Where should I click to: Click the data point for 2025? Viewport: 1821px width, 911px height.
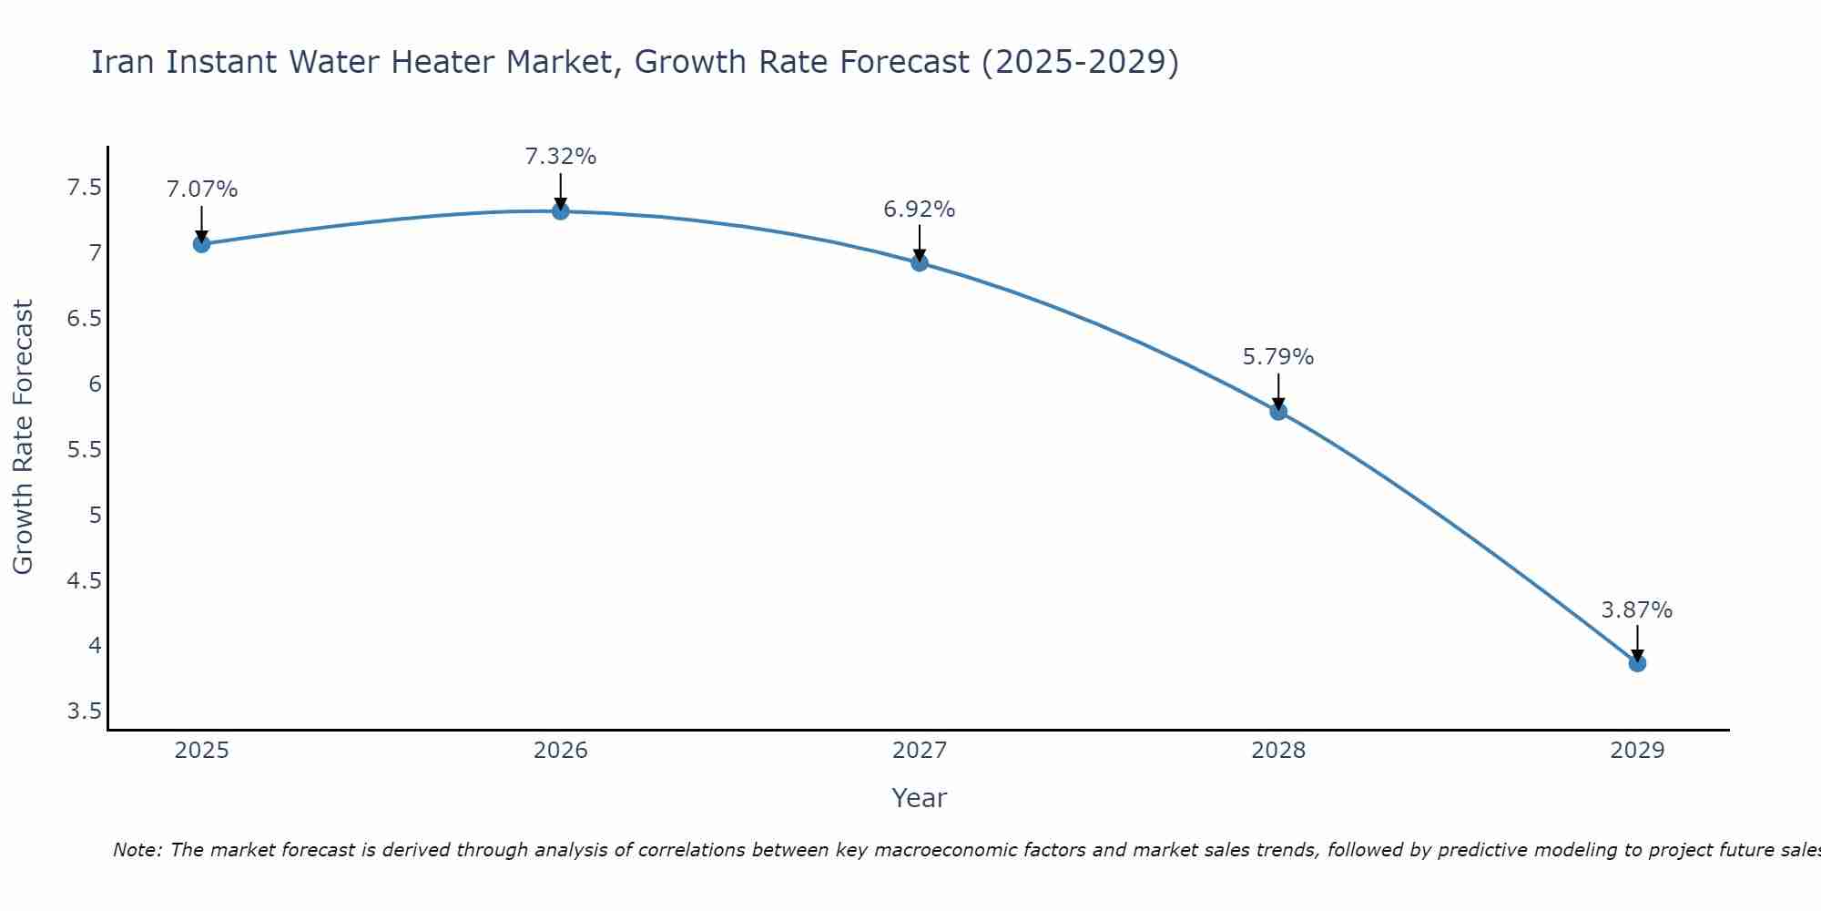(201, 244)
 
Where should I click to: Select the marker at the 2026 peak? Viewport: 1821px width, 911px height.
(561, 211)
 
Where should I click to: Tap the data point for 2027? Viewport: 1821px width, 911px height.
(920, 263)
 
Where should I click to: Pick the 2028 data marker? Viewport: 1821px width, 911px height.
(1278, 412)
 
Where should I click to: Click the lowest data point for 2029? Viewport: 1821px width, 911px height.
(1637, 663)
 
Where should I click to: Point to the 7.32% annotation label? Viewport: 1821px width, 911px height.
(561, 157)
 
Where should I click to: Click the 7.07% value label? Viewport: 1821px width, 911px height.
(202, 189)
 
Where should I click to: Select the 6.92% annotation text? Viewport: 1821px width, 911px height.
(920, 210)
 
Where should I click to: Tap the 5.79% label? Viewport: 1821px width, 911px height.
(1278, 357)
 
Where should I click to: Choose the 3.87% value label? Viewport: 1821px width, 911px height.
(1637, 610)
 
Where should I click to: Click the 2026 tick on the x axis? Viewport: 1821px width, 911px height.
(561, 751)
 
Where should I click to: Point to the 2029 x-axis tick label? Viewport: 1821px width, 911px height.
(1637, 751)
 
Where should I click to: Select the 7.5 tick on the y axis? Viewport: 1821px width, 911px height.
(85, 188)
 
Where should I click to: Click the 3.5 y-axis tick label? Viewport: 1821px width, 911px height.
(85, 711)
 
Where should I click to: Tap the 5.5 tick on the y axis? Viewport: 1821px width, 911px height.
(85, 450)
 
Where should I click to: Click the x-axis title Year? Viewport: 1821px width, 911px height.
(920, 798)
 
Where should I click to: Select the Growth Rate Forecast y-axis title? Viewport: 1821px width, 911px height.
(23, 437)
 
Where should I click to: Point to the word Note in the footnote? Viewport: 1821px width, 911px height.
(137, 850)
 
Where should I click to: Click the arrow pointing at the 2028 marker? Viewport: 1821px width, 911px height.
(1278, 390)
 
